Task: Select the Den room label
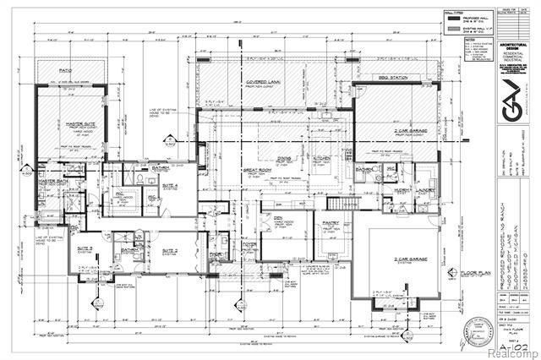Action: click(x=277, y=220)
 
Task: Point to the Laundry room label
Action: click(x=424, y=192)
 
